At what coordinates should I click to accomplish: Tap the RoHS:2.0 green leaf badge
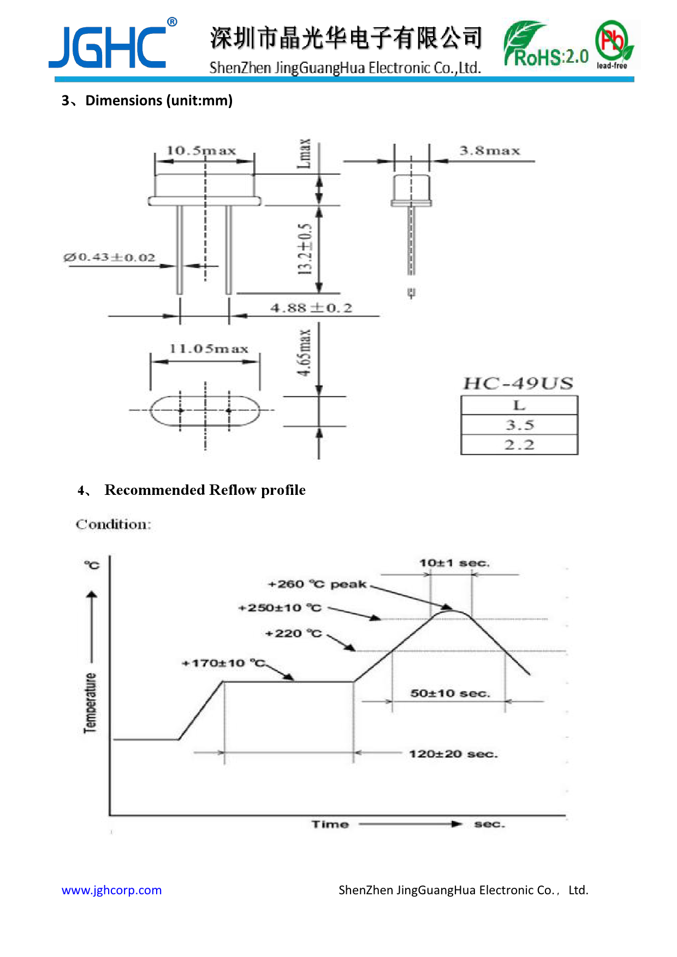tap(546, 45)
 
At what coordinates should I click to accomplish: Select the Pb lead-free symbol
tap(614, 44)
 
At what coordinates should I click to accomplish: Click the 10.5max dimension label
tap(201, 150)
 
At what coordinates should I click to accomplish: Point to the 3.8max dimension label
tap(490, 151)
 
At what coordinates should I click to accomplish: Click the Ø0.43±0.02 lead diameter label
tap(109, 257)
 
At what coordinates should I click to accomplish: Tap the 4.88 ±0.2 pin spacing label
tap(311, 308)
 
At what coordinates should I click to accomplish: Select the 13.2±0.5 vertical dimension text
tap(305, 249)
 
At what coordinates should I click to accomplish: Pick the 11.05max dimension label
tap(209, 349)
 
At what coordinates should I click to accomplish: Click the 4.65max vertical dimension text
tap(304, 353)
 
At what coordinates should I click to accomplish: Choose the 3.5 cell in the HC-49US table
tap(519, 425)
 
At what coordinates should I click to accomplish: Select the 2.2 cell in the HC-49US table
tap(519, 445)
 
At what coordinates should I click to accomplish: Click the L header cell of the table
tap(519, 405)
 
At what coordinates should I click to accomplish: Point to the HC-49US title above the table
tap(518, 383)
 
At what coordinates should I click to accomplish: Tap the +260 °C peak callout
tap(317, 584)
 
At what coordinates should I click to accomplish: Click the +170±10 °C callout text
tap(223, 663)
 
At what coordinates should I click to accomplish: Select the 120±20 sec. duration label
tap(453, 754)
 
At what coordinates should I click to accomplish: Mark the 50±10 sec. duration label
tap(450, 693)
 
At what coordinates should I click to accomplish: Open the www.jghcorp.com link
tap(111, 890)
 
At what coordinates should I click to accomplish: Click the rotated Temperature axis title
tap(90, 703)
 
